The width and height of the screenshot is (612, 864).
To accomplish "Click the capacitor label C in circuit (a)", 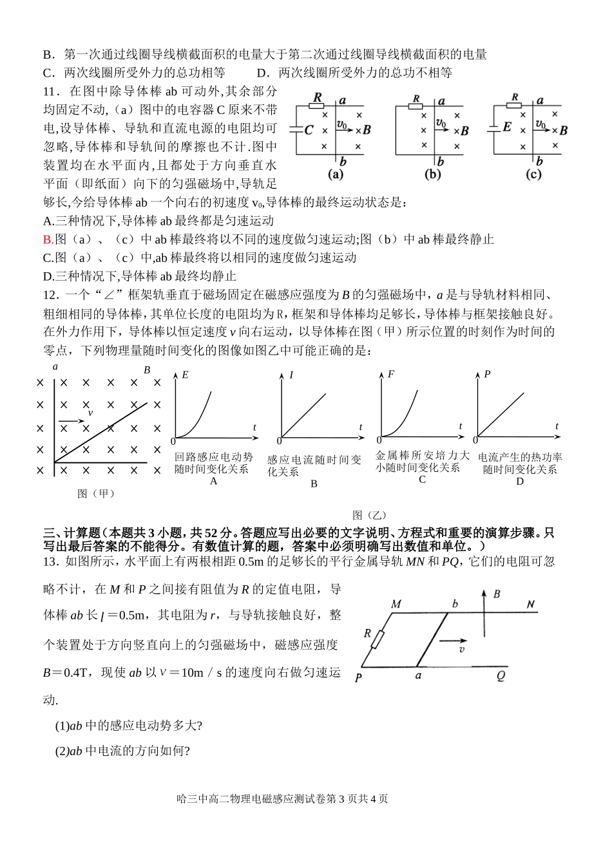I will tap(309, 130).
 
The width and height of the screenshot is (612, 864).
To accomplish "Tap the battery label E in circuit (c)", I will tap(507, 127).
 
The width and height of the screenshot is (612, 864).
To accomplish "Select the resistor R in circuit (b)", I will tap(417, 100).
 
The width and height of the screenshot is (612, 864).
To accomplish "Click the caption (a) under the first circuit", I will tap(336, 174).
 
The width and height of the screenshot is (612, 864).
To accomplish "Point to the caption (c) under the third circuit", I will tap(533, 174).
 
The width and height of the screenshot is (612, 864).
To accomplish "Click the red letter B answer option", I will tap(47, 239).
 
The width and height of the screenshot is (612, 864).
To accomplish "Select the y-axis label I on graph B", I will tap(291, 374).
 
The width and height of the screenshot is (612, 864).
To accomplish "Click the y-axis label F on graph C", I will tap(391, 374).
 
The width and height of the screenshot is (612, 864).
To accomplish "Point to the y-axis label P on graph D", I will tap(488, 374).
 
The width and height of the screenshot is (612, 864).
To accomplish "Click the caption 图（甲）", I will tap(96, 494).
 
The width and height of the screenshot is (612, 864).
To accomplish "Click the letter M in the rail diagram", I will tap(396, 604).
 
